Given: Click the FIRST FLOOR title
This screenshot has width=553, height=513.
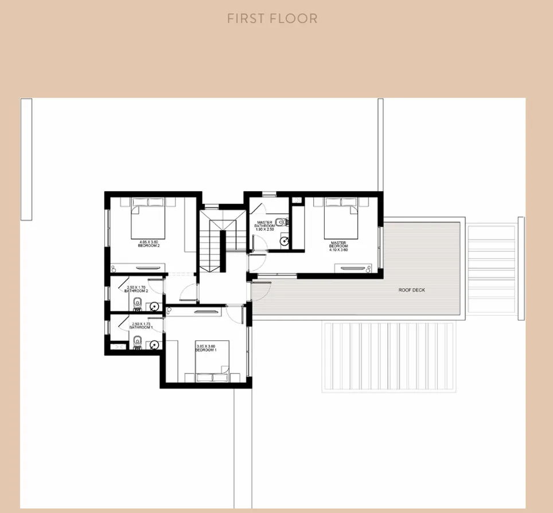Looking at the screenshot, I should tap(272, 18).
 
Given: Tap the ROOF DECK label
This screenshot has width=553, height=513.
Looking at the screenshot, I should tap(412, 290).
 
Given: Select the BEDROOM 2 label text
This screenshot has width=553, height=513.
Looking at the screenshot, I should tap(149, 246).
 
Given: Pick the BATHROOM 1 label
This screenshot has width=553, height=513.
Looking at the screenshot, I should tap(141, 327).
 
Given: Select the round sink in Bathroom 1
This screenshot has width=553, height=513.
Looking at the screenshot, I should tap(154, 345).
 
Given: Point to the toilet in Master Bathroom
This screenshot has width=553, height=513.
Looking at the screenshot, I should tap(279, 222).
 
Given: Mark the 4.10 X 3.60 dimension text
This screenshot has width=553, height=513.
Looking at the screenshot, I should tap(338, 250).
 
